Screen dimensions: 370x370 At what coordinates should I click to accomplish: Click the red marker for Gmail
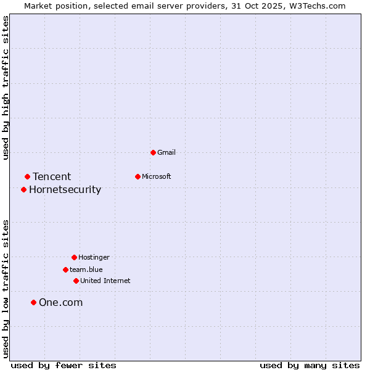point(153,152)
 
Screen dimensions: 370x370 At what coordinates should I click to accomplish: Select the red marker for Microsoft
point(138,176)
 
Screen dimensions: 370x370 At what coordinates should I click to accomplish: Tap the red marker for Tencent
point(27,177)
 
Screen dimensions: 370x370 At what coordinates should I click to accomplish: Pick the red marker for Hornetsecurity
point(23,189)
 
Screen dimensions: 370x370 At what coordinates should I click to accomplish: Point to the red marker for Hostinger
point(74,257)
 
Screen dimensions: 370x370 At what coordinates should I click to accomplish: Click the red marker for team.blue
point(65,269)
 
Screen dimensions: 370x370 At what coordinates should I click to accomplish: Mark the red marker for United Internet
point(76,281)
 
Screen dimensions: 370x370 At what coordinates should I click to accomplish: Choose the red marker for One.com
point(33,302)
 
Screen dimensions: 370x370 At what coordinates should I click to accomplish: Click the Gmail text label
point(166,152)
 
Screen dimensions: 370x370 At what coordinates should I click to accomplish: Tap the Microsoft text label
point(157,176)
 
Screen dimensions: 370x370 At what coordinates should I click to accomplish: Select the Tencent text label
point(52,177)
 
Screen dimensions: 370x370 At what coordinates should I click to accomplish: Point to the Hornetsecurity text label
point(65,189)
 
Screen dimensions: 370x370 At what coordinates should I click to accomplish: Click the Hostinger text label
point(94,257)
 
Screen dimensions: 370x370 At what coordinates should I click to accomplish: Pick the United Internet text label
point(105,281)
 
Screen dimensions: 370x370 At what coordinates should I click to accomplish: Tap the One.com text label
point(60,302)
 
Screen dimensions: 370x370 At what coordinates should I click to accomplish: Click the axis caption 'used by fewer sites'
point(64,365)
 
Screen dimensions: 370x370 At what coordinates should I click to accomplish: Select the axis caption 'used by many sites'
point(310,365)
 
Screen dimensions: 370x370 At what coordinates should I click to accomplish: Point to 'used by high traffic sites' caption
point(6,88)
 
